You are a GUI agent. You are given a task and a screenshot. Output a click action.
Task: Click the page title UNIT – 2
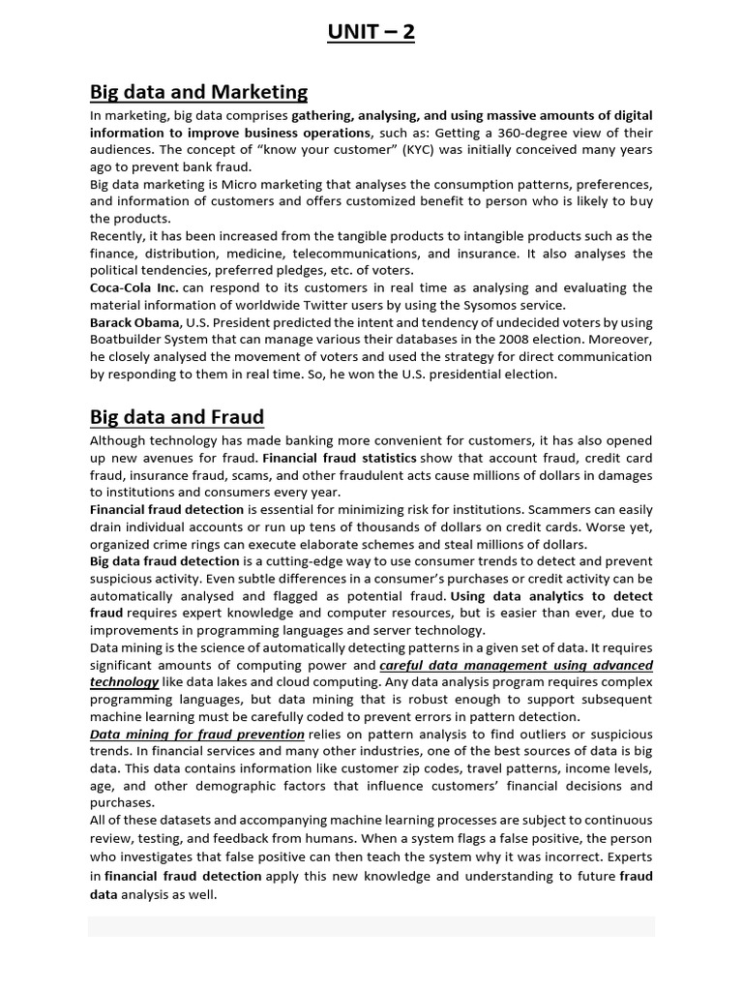point(371,32)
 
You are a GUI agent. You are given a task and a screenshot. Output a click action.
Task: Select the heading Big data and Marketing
point(198,93)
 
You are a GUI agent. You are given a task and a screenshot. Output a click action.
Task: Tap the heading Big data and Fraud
point(177,418)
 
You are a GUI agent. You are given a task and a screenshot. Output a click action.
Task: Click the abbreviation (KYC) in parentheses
point(427,150)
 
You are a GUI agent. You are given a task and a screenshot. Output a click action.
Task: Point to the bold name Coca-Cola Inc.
point(134,288)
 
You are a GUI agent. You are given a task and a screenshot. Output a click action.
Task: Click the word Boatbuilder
point(131,340)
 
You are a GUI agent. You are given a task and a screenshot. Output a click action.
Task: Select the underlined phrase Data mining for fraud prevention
point(196,735)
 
